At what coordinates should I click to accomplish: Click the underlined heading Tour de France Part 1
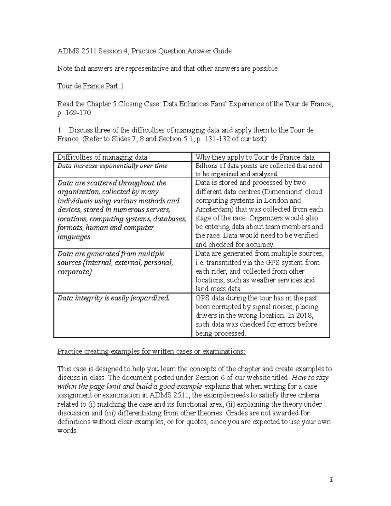[91, 86]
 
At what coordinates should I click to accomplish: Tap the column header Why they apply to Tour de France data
[255, 157]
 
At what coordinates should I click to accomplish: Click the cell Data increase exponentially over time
[112, 166]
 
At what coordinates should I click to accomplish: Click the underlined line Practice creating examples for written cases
[151, 352]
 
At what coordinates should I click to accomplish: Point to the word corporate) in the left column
[74, 272]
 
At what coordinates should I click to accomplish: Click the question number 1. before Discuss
[60, 130]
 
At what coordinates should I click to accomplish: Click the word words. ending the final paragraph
[67, 430]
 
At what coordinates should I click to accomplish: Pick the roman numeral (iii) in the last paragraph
[110, 413]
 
